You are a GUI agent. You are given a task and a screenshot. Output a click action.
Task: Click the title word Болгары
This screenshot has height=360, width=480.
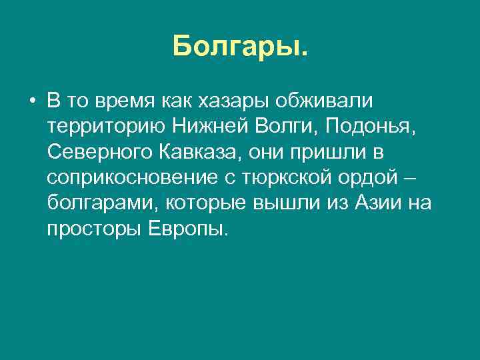tap(240, 47)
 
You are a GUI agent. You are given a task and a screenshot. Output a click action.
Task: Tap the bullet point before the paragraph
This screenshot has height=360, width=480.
tap(32, 102)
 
